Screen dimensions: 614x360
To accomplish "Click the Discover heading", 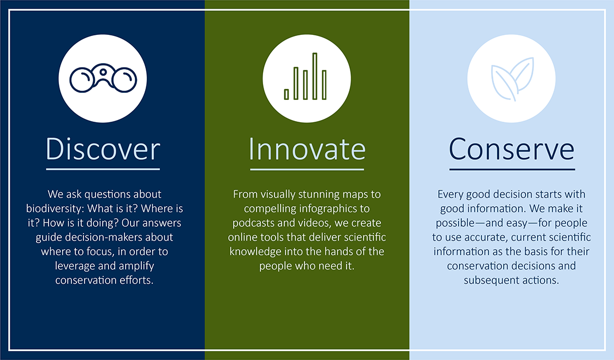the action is tap(103, 149).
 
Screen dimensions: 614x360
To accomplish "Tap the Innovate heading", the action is tap(307, 149).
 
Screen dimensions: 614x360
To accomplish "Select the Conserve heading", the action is tap(511, 149).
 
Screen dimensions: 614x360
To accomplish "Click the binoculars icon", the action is tap(103, 78).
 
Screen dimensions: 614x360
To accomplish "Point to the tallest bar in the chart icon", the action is tap(314, 76).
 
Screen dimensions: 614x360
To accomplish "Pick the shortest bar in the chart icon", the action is tap(286, 94).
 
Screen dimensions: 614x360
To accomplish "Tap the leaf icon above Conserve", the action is tap(512, 79).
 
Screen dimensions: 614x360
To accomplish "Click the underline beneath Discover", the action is tap(103, 170).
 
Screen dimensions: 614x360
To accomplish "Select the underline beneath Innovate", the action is tap(307, 170).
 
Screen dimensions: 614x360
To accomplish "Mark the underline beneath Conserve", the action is tap(512, 170).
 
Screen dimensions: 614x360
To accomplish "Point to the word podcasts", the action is tap(253, 223).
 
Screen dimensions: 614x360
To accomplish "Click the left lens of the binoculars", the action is tap(82, 80).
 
